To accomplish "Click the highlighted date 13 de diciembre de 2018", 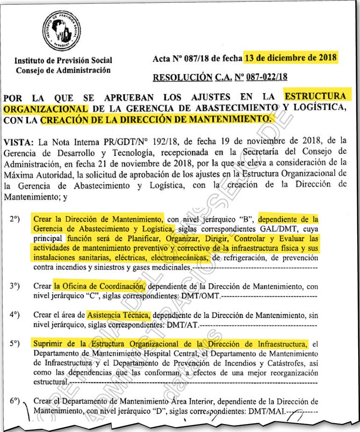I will pyautogui.click(x=290, y=58).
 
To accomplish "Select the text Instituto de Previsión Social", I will pyautogui.click(x=64, y=61).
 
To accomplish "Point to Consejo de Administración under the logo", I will pyautogui.click(x=64, y=70).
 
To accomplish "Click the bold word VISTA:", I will pyautogui.click(x=18, y=141).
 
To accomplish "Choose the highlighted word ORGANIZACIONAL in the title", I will pyautogui.click(x=45, y=108).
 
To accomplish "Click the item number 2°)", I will pyautogui.click(x=14, y=218).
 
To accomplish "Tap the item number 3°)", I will pyautogui.click(x=14, y=286).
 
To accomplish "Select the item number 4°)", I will pyautogui.click(x=14, y=315).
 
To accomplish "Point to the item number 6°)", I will pyautogui.click(x=14, y=401).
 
